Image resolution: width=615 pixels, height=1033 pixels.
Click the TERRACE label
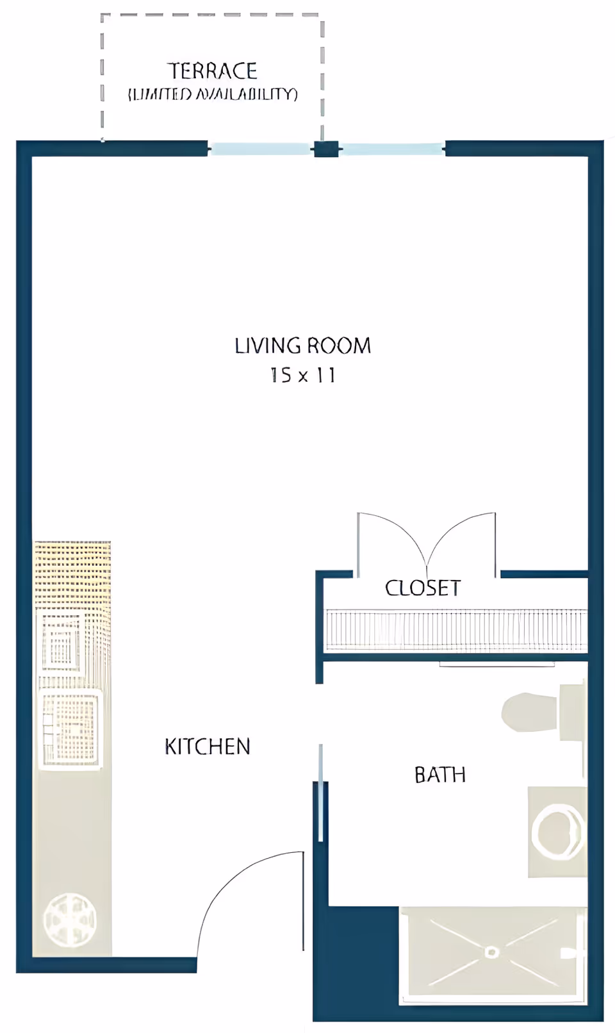tap(212, 70)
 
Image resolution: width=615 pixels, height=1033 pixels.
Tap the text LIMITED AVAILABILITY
tap(213, 94)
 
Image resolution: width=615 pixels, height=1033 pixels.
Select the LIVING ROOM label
tap(302, 346)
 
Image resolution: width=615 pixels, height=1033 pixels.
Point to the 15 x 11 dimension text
tap(302, 375)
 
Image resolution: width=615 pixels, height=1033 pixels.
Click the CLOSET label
tap(422, 588)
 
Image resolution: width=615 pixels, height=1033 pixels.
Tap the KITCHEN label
tap(207, 747)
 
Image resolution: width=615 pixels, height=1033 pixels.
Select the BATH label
tap(439, 775)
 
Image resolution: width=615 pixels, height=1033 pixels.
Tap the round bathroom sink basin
tap(557, 832)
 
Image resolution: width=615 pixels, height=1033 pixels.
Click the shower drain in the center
tap(491, 952)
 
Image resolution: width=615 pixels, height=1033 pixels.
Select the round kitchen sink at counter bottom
tap(69, 920)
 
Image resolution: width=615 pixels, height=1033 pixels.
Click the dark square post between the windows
tap(325, 149)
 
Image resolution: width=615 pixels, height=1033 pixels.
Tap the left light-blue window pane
tap(259, 149)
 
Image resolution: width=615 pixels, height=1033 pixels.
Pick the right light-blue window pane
tap(391, 149)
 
